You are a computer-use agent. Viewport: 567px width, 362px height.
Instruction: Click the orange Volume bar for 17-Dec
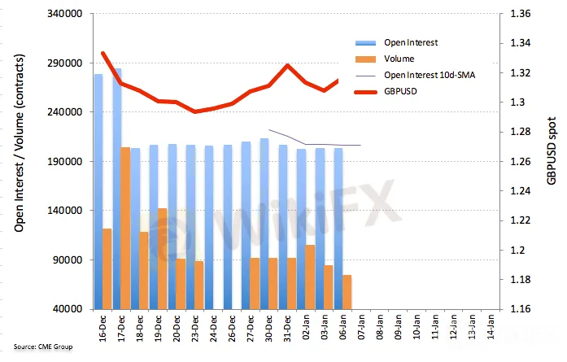tap(125, 228)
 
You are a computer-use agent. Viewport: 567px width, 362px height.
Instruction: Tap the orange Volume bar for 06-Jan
tap(347, 291)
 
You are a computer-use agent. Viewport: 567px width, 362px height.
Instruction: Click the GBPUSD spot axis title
tap(551, 163)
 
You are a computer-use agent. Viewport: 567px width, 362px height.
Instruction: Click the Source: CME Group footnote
tap(42, 347)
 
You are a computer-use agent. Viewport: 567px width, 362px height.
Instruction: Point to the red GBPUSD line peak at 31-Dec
tap(287, 65)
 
